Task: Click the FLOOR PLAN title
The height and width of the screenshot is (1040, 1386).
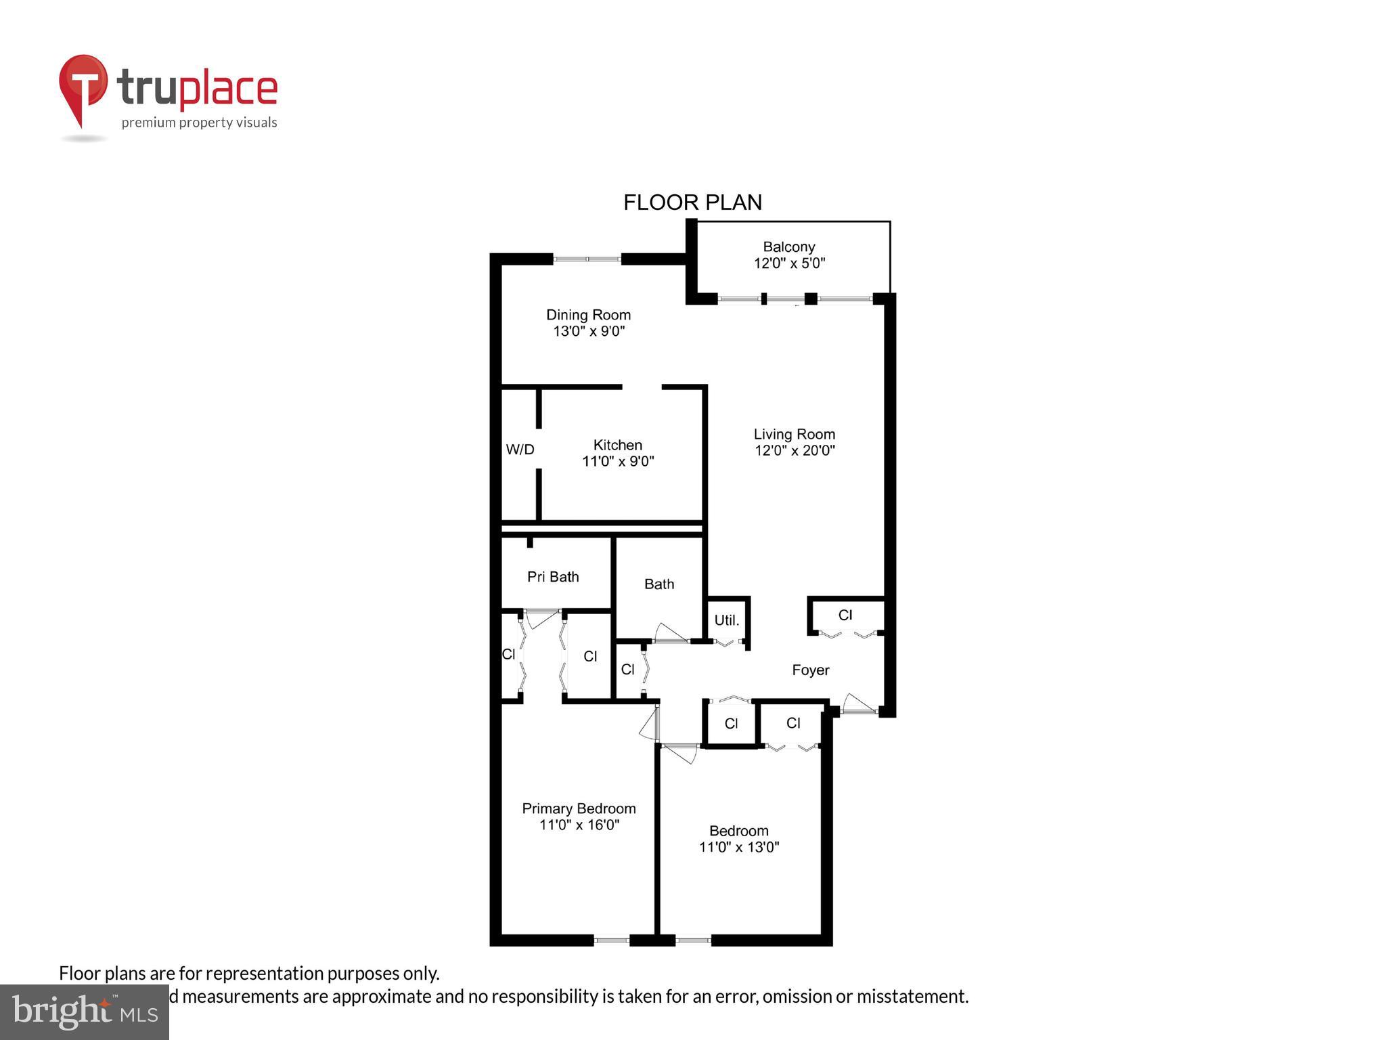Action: pos(692,202)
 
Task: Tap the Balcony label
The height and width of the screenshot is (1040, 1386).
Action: pos(789,247)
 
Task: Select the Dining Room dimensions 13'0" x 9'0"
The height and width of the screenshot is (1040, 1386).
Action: pos(589,332)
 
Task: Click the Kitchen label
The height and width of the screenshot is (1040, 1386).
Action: pos(617,445)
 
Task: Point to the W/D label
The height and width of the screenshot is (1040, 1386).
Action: pos(520,450)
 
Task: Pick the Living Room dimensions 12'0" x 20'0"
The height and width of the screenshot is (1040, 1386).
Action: pos(795,451)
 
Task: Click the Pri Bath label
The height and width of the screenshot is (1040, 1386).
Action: pos(553,577)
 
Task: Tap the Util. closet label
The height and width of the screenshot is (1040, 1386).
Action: pos(727,620)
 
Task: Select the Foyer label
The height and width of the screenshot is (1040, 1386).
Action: pos(810,670)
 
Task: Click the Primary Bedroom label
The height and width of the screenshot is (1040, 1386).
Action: pos(579,808)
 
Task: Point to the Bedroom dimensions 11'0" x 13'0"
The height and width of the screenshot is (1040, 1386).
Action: pos(739,847)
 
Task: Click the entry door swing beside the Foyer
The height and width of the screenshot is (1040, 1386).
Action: pos(859,704)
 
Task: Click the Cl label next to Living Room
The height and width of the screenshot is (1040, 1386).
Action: pos(845,615)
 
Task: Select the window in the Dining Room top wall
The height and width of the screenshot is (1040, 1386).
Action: pos(587,259)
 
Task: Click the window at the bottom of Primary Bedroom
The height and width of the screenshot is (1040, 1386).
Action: pos(612,940)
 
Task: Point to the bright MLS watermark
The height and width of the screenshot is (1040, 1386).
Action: pos(85,1012)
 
